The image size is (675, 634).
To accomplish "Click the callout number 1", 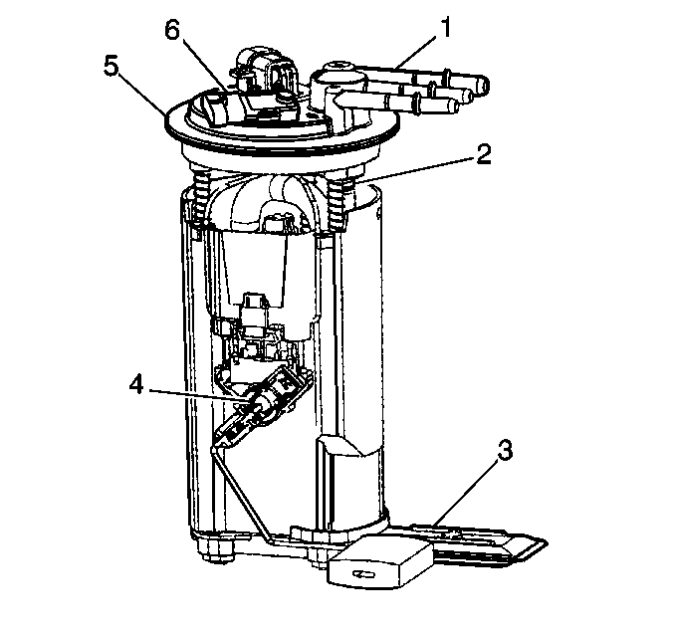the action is click(446, 28).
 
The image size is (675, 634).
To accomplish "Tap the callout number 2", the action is click(484, 154).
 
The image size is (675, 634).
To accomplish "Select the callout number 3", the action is click(505, 451).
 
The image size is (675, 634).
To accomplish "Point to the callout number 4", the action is click(136, 384).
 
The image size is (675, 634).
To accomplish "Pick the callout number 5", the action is click(112, 67).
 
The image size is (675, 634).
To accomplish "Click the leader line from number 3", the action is click(466, 492).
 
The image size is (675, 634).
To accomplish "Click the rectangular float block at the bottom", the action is click(380, 561).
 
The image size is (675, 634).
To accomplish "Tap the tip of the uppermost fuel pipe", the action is click(484, 85).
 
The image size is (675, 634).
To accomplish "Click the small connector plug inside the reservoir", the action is click(255, 313).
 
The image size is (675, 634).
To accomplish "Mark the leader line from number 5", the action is click(141, 95).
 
